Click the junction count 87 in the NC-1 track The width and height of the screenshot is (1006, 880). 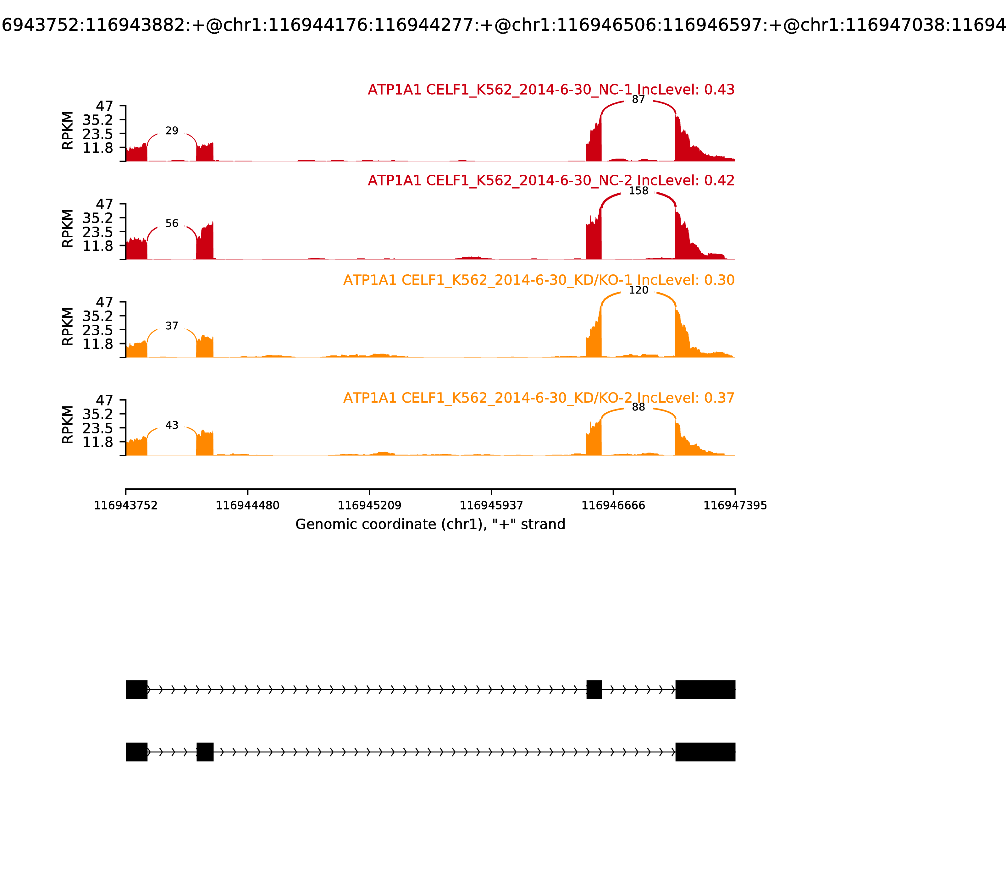pyautogui.click(x=638, y=100)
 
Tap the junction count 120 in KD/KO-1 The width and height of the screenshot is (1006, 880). pyautogui.click(x=638, y=290)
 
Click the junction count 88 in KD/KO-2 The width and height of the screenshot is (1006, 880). pyautogui.click(x=638, y=407)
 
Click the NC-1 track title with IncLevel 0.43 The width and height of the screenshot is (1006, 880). pyautogui.click(x=551, y=90)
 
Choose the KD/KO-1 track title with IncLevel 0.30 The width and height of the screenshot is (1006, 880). pyautogui.click(x=538, y=280)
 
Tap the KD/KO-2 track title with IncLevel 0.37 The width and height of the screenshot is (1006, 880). pyautogui.click(x=538, y=398)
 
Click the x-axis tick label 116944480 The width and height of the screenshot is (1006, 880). pyautogui.click(x=248, y=506)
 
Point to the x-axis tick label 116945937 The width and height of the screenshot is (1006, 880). pyautogui.click(x=491, y=506)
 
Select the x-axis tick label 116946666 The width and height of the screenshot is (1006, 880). pyautogui.click(x=613, y=506)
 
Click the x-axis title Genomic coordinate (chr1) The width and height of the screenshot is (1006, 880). pyautogui.click(x=430, y=525)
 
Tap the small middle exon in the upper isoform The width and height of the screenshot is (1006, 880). pyautogui.click(x=594, y=690)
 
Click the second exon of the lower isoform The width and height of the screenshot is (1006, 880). pyautogui.click(x=205, y=752)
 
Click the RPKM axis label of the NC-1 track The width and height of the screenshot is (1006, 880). pyautogui.click(x=68, y=131)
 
